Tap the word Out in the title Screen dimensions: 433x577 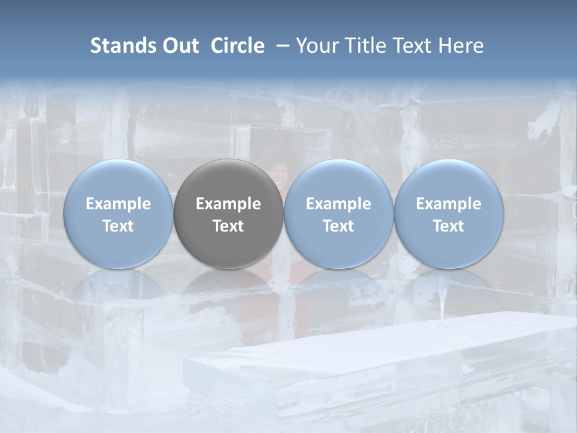[179, 46]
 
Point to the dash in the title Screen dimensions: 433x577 [281, 46]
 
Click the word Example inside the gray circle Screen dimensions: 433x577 [228, 204]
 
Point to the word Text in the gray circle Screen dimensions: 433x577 [228, 226]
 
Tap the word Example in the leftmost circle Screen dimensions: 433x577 [118, 204]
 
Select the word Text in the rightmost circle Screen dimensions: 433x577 [448, 226]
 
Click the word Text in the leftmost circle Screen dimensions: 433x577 [118, 226]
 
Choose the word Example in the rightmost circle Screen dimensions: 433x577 [448, 204]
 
